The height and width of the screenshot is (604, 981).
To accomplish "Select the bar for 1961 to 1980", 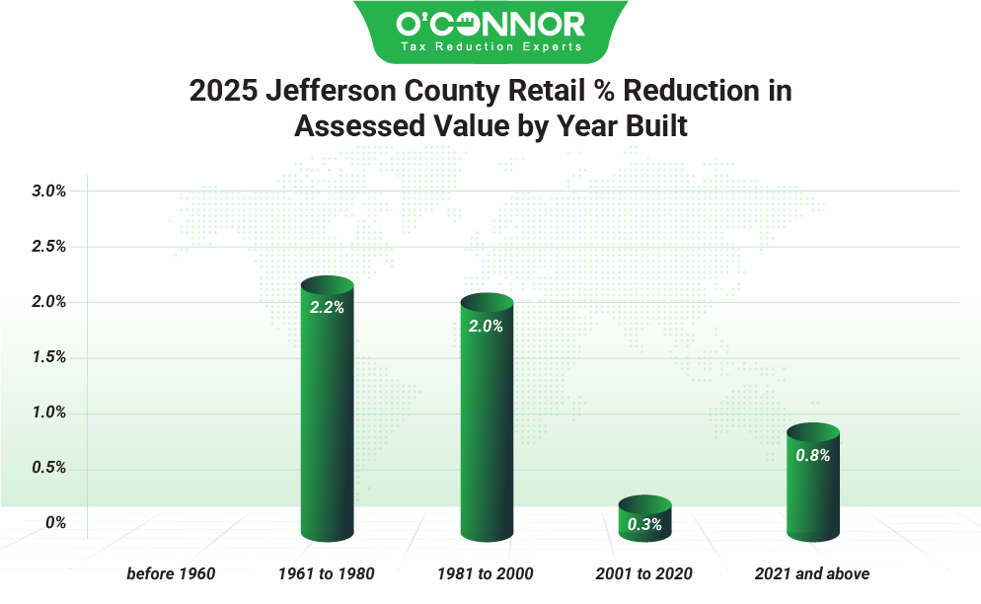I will tap(327, 415).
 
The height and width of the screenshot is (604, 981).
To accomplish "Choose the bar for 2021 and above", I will tap(812, 484).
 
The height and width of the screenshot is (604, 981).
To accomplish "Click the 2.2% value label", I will tap(327, 307).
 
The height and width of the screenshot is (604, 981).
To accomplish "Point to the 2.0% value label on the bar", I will tap(486, 326).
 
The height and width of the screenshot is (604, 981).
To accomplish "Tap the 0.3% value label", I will tap(644, 524).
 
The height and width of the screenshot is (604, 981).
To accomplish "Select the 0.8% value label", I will tap(812, 455).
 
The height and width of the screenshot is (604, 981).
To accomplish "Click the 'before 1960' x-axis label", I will tap(171, 573).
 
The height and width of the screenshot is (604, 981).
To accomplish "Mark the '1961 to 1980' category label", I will tap(327, 573).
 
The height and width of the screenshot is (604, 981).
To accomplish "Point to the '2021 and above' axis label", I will tap(812, 573).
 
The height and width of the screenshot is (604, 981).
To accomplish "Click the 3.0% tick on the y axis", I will tap(48, 191).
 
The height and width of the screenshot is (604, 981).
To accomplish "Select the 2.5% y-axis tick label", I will tap(48, 247).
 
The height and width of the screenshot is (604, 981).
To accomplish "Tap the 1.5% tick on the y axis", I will tap(48, 357).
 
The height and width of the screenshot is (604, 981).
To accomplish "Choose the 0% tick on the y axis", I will tap(57, 523).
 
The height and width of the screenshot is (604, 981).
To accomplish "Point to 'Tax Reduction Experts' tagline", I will tap(490, 46).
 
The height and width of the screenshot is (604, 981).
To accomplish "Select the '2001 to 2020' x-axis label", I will tap(644, 573).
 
